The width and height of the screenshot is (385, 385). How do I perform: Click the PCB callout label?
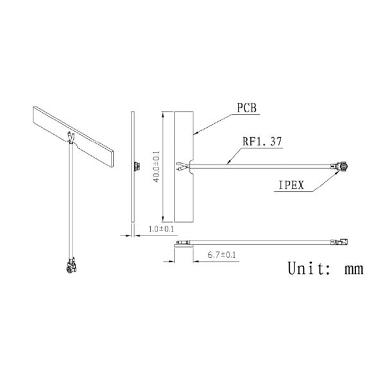click(x=246, y=108)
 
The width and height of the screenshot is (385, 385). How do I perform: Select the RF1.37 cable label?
click(x=262, y=141)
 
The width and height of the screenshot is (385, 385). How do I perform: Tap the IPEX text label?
click(x=291, y=185)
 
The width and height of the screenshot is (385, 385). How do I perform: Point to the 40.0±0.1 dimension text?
click(x=156, y=167)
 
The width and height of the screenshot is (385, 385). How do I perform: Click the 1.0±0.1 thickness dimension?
click(x=161, y=229)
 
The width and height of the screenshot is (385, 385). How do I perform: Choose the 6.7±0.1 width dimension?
click(x=221, y=255)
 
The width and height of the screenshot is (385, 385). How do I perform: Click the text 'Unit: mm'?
click(x=325, y=268)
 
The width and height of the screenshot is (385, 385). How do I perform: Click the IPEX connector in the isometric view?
click(x=71, y=266)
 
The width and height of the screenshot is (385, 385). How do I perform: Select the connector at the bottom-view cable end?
click(x=339, y=242)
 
